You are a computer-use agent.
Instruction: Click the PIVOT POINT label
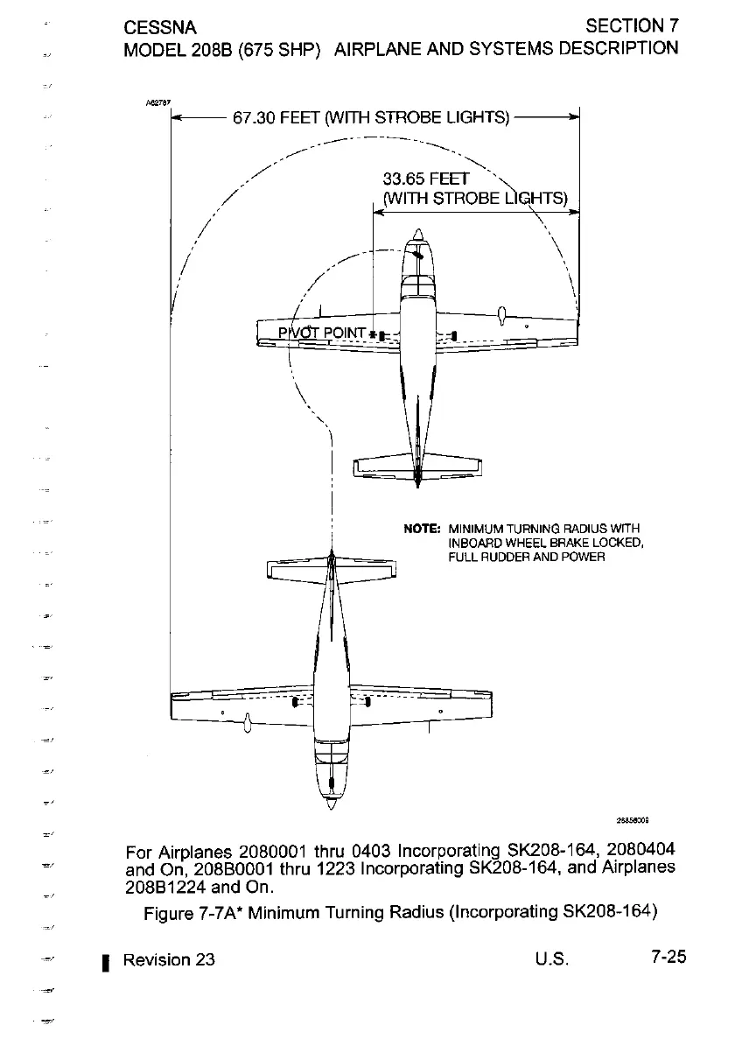click(322, 333)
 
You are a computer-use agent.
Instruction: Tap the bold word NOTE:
click(421, 529)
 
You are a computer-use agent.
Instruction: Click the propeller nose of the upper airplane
click(418, 235)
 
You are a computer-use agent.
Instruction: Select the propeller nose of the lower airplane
click(331, 798)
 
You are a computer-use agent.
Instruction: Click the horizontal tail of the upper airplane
click(417, 466)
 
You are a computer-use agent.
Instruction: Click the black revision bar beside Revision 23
click(105, 961)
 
